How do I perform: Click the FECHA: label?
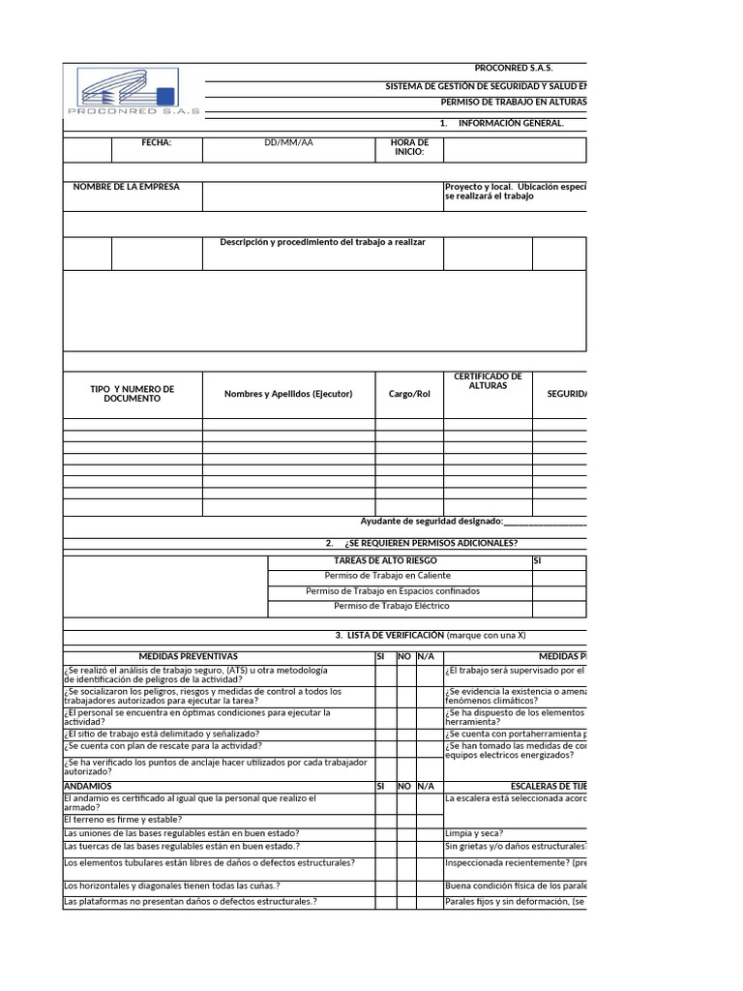pyautogui.click(x=157, y=143)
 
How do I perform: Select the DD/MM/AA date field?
pyautogui.click(x=288, y=143)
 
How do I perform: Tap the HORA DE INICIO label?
pyautogui.click(x=409, y=148)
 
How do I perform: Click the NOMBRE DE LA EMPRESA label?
pyautogui.click(x=126, y=187)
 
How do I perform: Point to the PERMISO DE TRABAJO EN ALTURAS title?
pyautogui.click(x=513, y=102)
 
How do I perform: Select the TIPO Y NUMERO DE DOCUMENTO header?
pyautogui.click(x=133, y=394)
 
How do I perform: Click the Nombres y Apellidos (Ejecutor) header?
pyautogui.click(x=288, y=394)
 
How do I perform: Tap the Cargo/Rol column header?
pyautogui.click(x=409, y=394)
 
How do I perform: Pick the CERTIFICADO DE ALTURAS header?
pyautogui.click(x=488, y=381)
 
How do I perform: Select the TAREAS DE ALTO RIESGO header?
pyautogui.click(x=398, y=560)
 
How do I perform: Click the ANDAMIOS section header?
pyautogui.click(x=87, y=787)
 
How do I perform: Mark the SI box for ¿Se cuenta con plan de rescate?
pyautogui.click(x=385, y=747)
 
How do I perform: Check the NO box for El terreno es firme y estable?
pyautogui.click(x=405, y=820)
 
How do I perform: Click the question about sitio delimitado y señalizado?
pyautogui.click(x=161, y=734)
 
